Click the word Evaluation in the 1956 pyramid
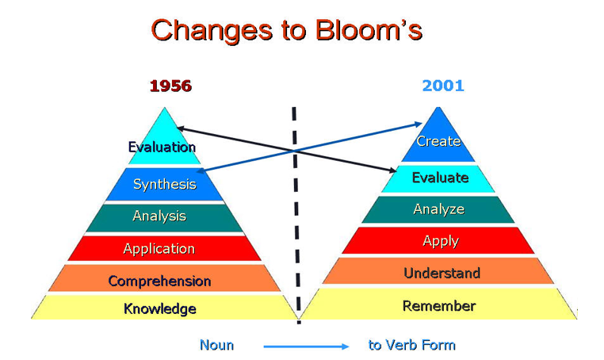[162, 147]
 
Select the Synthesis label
[165, 184]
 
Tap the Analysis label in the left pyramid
[159, 216]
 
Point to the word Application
[159, 249]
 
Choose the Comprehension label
[159, 281]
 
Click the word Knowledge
[160, 308]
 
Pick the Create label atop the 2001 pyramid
[438, 141]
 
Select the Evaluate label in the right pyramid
[440, 178]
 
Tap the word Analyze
[439, 209]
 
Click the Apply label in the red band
[441, 241]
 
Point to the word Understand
[442, 273]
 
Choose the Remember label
[439, 305]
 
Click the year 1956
[170, 86]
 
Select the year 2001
[443, 86]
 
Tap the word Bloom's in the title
[369, 29]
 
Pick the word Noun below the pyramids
[216, 345]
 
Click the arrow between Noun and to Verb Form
[306, 347]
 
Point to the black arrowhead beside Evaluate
[392, 170]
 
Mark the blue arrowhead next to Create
[419, 124]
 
